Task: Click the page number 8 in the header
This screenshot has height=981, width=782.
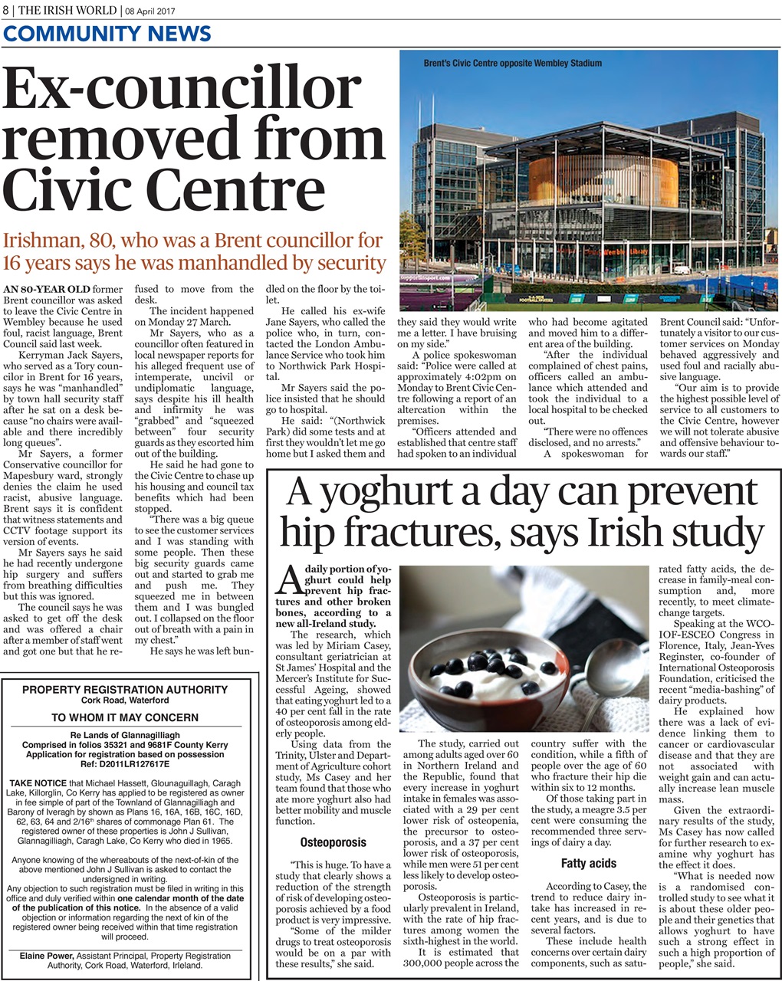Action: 5,9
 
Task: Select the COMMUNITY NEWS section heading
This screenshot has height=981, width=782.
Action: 107,34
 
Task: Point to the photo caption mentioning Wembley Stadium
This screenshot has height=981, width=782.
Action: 512,64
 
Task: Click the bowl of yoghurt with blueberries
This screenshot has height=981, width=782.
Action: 491,674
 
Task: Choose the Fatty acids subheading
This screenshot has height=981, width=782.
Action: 589,863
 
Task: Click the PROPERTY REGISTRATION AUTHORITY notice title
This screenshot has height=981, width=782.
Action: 124,690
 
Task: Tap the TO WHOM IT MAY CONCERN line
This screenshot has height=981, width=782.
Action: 124,718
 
